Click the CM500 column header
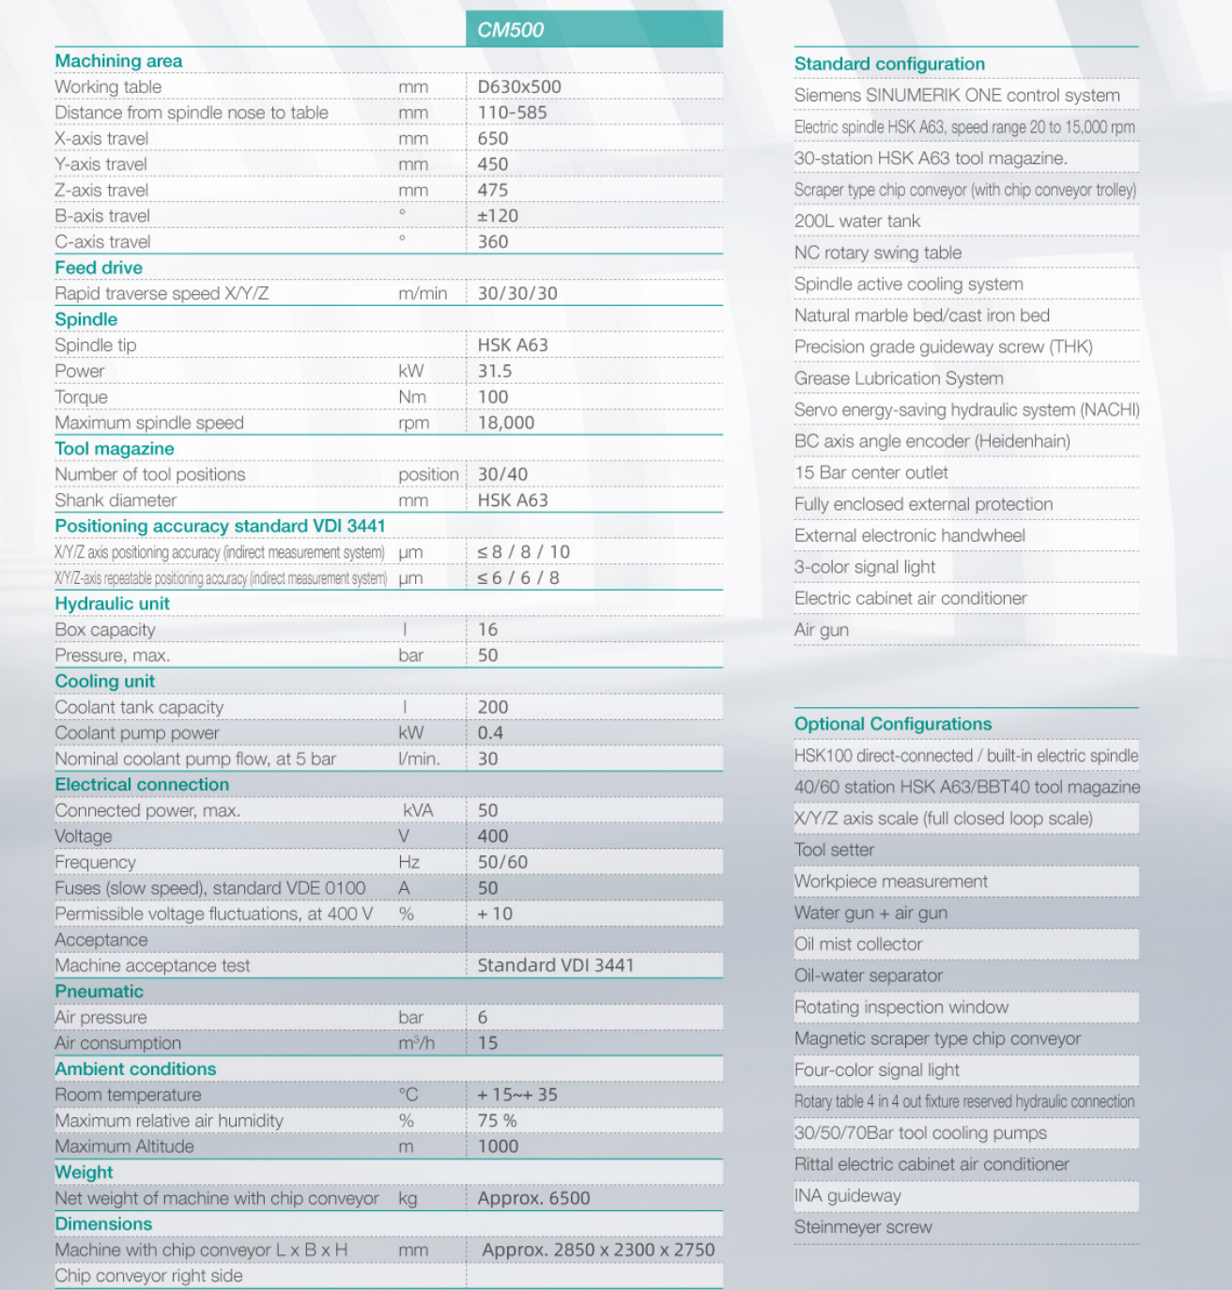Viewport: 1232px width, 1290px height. [510, 30]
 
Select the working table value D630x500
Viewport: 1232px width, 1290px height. [519, 87]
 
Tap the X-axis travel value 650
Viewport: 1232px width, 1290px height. [493, 139]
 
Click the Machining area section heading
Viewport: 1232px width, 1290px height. [118, 61]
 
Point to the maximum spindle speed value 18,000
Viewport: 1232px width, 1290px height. [505, 422]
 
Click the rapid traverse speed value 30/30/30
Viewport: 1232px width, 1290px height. [517, 294]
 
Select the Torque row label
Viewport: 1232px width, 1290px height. [81, 397]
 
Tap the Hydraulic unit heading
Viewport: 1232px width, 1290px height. [112, 604]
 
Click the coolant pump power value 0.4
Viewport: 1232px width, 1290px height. [490, 733]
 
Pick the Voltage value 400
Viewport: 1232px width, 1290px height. [493, 837]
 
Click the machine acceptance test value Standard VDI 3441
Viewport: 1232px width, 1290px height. [555, 965]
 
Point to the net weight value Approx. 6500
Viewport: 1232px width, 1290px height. [533, 1198]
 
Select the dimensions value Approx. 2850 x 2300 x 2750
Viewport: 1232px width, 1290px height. [598, 1250]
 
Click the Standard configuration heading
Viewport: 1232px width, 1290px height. [889, 64]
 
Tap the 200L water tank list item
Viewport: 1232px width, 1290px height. [857, 222]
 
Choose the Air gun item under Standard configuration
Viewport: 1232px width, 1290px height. [822, 630]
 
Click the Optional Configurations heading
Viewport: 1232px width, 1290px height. [893, 724]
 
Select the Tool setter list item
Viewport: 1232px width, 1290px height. [834, 851]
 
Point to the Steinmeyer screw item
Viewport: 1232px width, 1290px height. [863, 1227]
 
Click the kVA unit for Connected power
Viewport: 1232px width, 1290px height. [418, 810]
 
